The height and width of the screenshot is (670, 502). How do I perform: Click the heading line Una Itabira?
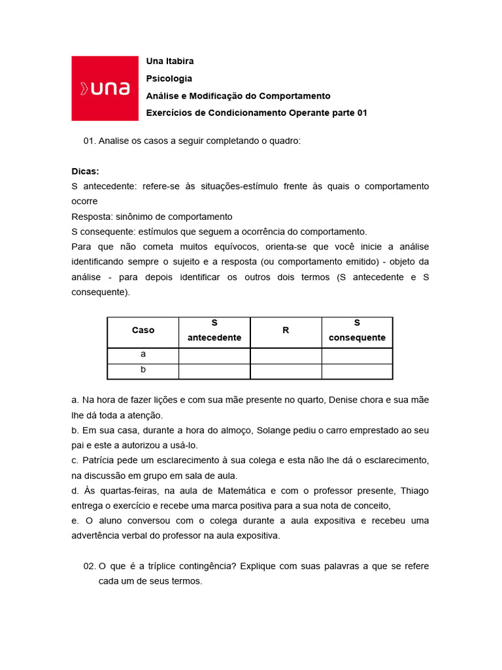(x=170, y=61)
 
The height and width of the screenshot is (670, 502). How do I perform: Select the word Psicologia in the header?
(x=169, y=78)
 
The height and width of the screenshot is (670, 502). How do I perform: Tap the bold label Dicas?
(x=85, y=171)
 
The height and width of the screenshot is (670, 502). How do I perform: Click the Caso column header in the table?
(x=143, y=330)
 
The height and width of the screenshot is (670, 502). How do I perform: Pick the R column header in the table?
(x=286, y=330)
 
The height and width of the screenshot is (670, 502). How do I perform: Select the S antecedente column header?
(x=214, y=330)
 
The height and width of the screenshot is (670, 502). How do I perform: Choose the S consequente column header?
(x=357, y=330)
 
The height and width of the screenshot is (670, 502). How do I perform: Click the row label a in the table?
(x=143, y=354)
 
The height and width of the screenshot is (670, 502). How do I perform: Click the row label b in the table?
(x=143, y=370)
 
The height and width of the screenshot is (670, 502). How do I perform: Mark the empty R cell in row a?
(x=286, y=355)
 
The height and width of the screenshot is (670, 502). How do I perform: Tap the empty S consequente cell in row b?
(x=357, y=371)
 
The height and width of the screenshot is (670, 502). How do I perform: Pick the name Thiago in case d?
(x=414, y=491)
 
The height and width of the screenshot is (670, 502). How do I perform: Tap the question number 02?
(x=90, y=566)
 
